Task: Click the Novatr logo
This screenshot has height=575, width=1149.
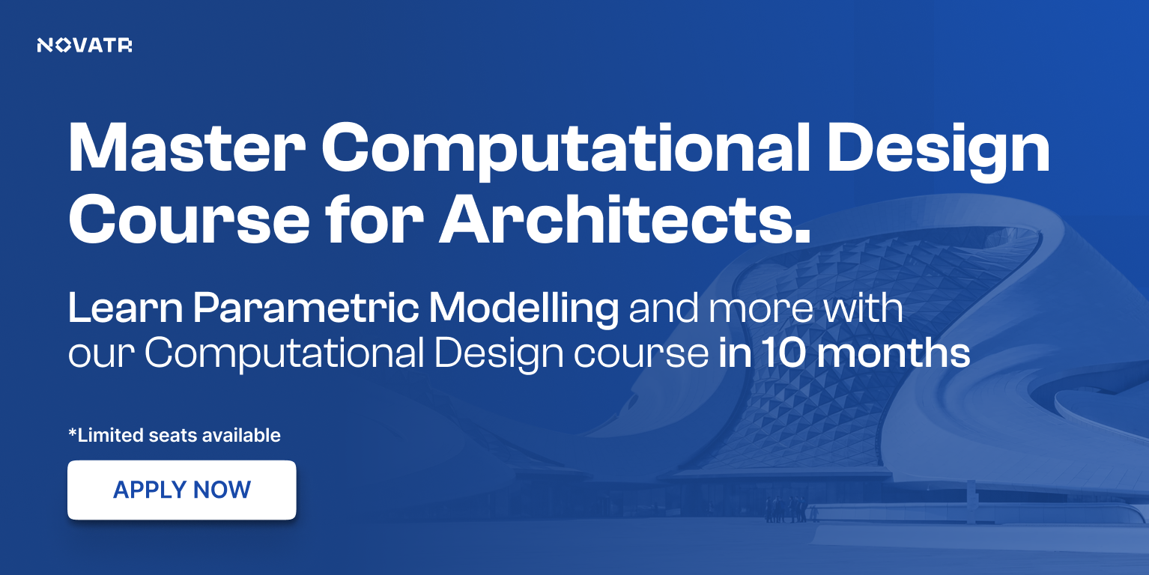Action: click(x=85, y=46)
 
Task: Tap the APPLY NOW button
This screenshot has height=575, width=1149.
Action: click(x=181, y=490)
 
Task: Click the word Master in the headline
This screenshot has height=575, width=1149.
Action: click(x=187, y=147)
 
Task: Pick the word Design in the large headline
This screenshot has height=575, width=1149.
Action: click(x=939, y=150)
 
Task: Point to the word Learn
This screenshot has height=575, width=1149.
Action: click(x=125, y=308)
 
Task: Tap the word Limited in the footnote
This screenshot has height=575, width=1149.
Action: click(x=110, y=436)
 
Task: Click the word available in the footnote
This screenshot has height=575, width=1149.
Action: click(x=241, y=436)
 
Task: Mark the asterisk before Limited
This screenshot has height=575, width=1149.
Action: click(x=73, y=433)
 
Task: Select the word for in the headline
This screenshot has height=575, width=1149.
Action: click(x=374, y=219)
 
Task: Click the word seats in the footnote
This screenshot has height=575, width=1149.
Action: click(x=173, y=436)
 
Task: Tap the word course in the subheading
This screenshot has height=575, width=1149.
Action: click(x=641, y=354)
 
